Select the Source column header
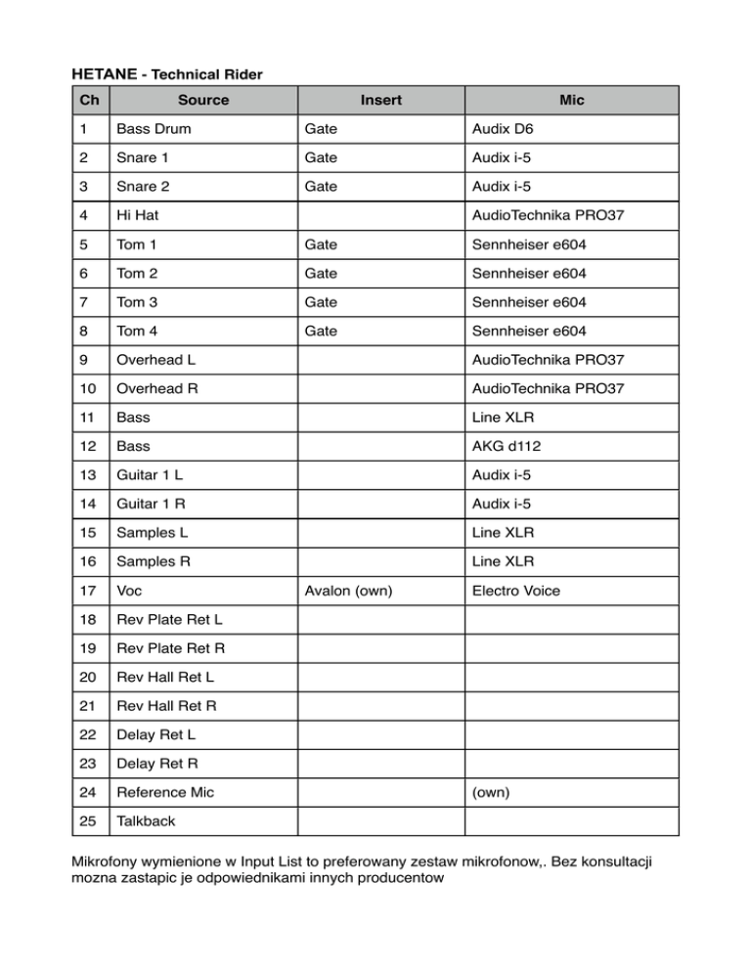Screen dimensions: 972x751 203,100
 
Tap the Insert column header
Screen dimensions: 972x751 380,100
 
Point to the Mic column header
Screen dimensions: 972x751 572,100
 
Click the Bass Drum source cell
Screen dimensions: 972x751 155,129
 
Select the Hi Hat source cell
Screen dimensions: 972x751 139,214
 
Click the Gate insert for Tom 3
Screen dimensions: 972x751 321,303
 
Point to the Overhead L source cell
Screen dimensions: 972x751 156,361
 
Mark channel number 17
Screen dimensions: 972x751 88,591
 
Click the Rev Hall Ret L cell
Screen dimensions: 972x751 165,677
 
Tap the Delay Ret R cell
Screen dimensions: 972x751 157,763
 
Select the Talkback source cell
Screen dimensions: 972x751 146,820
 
